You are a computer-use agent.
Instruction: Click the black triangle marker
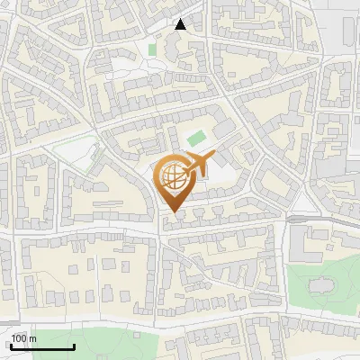pyautogui.click(x=180, y=24)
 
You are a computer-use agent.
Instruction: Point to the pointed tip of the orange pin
pyautogui.click(x=173, y=212)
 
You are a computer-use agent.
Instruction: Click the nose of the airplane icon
pyautogui.click(x=212, y=156)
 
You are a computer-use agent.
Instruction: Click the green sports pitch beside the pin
pyautogui.click(x=195, y=139)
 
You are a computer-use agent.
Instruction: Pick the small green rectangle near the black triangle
pyautogui.click(x=153, y=48)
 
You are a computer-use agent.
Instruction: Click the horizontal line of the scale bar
pyautogui.click(x=43, y=346)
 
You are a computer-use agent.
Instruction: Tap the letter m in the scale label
pyautogui.click(x=32, y=338)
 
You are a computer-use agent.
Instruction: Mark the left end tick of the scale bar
pyautogui.click(x=12, y=344)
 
